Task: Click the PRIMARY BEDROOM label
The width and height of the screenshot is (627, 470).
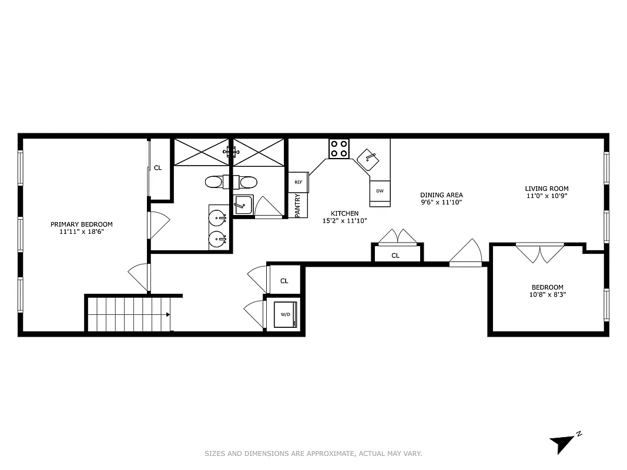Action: point(81,224)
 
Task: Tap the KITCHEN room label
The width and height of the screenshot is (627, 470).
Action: point(344,213)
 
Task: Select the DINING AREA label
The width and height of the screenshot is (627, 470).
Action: point(441,195)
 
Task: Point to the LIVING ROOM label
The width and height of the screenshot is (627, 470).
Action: point(546,189)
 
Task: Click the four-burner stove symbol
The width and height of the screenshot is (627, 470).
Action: point(338,148)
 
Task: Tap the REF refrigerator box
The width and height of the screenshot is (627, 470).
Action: point(298,182)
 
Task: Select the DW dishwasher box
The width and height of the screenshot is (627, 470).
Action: point(380,192)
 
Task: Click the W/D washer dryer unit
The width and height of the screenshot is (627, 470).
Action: point(286,315)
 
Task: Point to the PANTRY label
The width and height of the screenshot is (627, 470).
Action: point(298,206)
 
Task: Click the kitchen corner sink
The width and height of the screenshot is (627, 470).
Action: point(370,157)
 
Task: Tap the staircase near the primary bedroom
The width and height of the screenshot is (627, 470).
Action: point(129,314)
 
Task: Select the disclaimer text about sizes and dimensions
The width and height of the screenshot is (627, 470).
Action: point(313,454)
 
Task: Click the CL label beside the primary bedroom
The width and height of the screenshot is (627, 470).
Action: point(157,168)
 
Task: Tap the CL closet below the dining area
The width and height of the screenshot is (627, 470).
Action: point(395,256)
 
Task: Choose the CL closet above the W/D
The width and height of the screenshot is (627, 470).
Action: point(284,281)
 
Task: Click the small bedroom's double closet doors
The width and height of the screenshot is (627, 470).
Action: point(539,253)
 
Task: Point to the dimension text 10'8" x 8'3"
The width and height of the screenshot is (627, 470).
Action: point(547,295)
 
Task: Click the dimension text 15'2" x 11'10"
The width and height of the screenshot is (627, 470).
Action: point(344,221)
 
